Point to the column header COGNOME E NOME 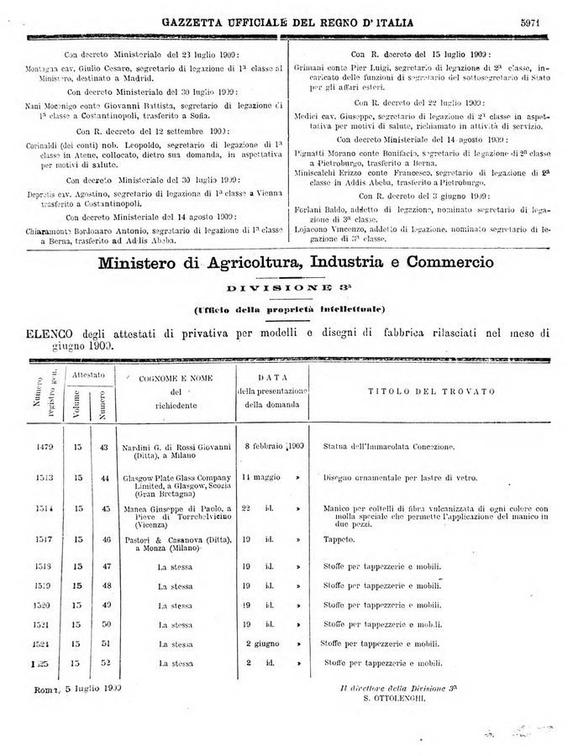pyautogui.click(x=175, y=379)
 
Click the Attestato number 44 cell pyautogui.click(x=104, y=478)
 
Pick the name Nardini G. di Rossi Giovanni pyautogui.click(x=175, y=448)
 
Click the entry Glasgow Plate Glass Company pyautogui.click(x=175, y=477)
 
